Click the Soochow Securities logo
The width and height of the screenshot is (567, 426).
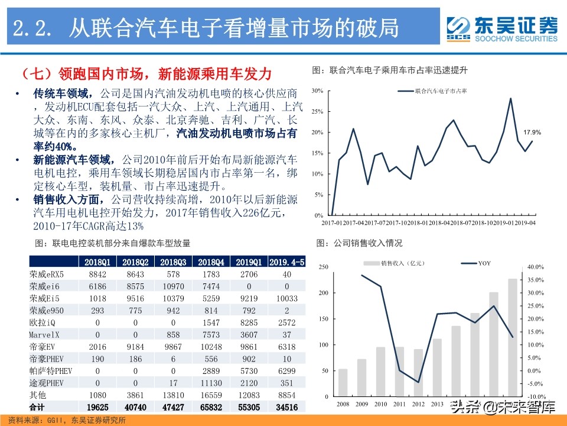pyautogui.click(x=502, y=28)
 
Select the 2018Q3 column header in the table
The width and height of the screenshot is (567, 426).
pyautogui.click(x=173, y=262)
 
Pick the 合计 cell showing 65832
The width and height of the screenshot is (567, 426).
pyautogui.click(x=211, y=407)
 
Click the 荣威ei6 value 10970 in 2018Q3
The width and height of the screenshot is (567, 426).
pyautogui.click(x=173, y=286)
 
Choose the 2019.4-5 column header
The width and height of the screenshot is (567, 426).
pyautogui.click(x=286, y=262)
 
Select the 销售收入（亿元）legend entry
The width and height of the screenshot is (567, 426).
pyautogui.click(x=397, y=263)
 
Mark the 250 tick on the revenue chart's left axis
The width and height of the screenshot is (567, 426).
pyautogui.click(x=322, y=267)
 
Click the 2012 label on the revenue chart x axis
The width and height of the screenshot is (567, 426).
pyautogui.click(x=418, y=404)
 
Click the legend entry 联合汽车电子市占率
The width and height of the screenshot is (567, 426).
pyautogui.click(x=433, y=91)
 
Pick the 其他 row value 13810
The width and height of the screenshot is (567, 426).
pyautogui.click(x=173, y=395)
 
